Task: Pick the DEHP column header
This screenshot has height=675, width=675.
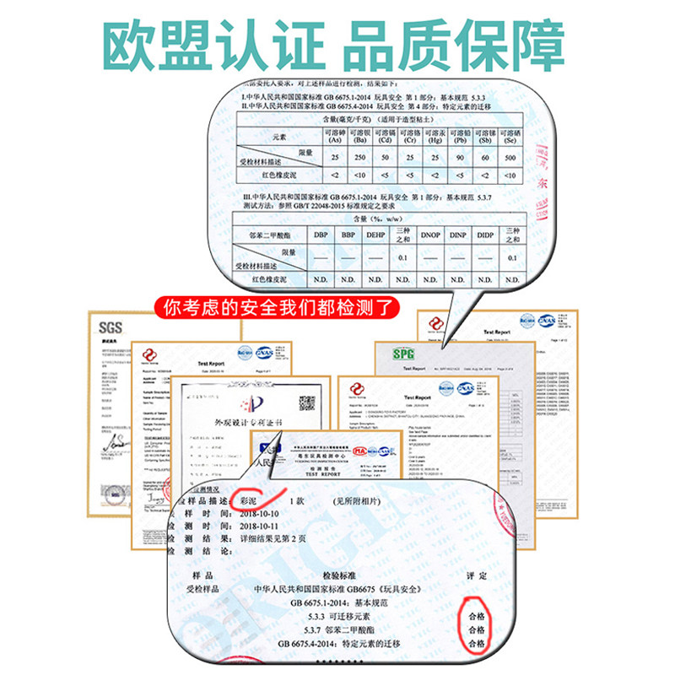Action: [375, 235]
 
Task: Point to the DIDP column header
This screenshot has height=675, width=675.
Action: [484, 235]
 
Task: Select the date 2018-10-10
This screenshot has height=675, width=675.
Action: [262, 514]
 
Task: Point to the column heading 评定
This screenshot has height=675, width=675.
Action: [478, 575]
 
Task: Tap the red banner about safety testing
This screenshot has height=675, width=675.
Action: [286, 305]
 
